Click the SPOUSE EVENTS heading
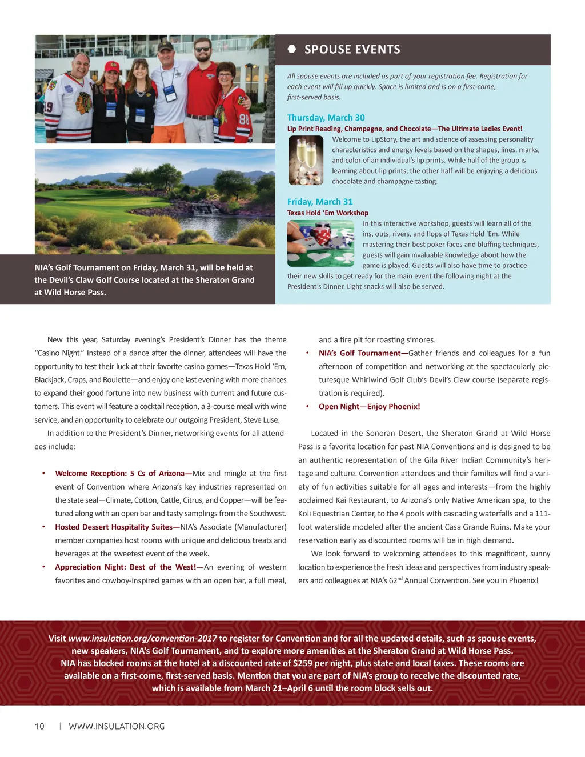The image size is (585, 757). coord(352,50)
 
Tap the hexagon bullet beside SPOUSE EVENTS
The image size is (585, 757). coord(292,49)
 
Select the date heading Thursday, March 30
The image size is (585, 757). coord(326,118)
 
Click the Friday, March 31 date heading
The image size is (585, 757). coord(320,202)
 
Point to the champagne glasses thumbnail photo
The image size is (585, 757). coord(306,161)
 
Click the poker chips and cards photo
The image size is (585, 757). coord(320,244)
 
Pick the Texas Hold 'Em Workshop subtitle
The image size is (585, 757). coord(327,213)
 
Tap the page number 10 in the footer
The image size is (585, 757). coord(39,726)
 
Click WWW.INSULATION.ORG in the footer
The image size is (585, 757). coord(117,726)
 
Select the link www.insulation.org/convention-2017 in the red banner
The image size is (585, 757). coord(142,639)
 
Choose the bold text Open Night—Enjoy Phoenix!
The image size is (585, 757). coord(369,407)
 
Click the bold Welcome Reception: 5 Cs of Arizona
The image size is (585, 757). coord(119,474)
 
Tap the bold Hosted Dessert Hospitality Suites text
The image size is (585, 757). coord(114,527)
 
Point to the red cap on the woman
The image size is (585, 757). coord(112,66)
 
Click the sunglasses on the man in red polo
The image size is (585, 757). coord(202,50)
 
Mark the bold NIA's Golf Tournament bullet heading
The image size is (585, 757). coord(360,353)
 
